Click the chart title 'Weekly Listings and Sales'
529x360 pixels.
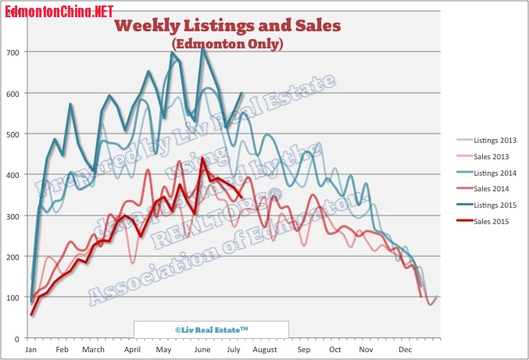[x=227, y=26]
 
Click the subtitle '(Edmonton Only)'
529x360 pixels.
[x=227, y=45]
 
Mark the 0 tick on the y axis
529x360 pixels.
[x=18, y=338]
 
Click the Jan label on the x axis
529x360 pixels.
[x=30, y=350]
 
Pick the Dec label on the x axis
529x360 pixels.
[x=406, y=350]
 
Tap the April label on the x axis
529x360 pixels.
[x=132, y=350]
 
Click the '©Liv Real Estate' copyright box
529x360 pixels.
[x=211, y=330]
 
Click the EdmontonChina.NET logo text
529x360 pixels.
[x=59, y=12]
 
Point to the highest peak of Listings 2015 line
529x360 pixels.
[x=203, y=49]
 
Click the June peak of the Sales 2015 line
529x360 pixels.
[x=203, y=159]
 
